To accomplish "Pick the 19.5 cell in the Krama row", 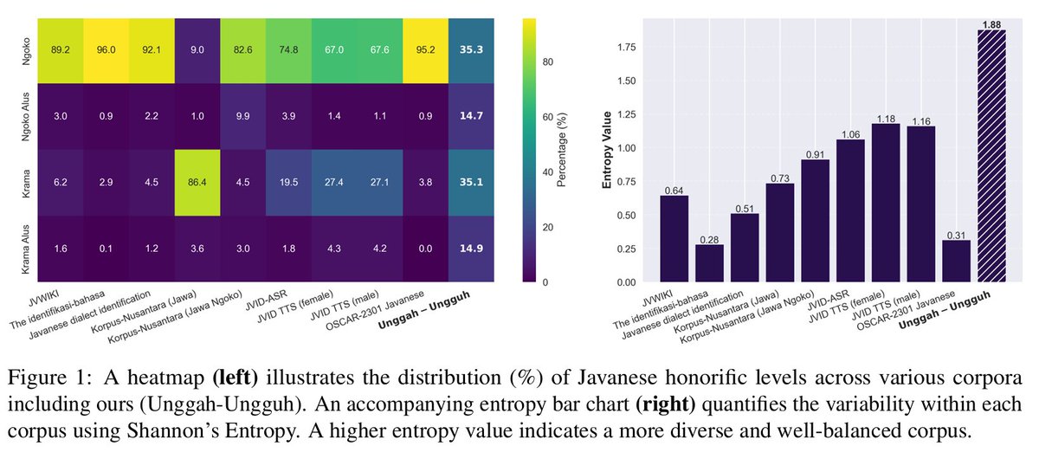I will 289,184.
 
